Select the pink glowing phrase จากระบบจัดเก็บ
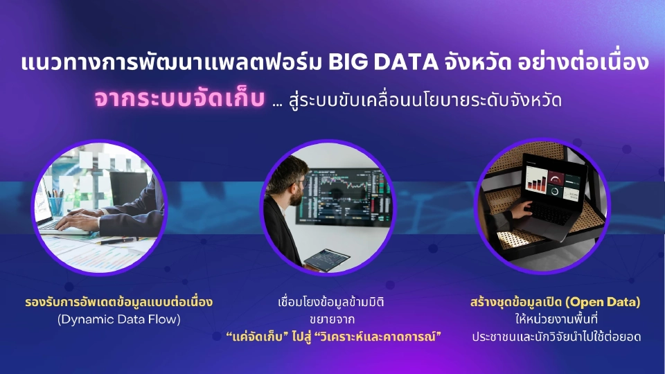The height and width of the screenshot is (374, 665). (x=180, y=99)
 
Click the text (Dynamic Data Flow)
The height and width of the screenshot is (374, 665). (x=117, y=319)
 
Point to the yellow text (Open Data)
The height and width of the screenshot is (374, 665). (x=603, y=302)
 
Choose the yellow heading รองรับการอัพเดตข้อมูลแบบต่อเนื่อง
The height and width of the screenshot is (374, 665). (x=117, y=302)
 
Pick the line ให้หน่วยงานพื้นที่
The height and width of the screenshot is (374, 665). (x=557, y=319)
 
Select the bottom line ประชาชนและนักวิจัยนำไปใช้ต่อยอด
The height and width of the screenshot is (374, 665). (x=557, y=337)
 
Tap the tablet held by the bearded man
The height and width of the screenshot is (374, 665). (x=327, y=258)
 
